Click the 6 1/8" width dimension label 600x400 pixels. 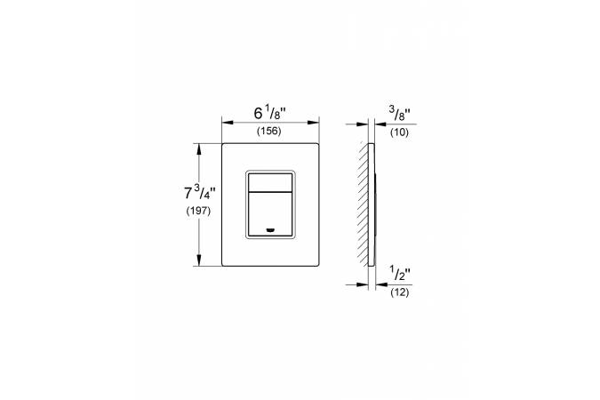point(270,113)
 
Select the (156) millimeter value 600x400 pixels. point(269,132)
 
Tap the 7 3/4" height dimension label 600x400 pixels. point(200,193)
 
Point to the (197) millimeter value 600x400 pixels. point(198,211)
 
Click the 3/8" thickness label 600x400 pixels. point(400,113)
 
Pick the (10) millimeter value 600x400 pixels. point(399,132)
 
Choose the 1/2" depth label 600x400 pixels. point(400,273)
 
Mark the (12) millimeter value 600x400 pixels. point(399,292)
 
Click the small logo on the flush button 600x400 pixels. point(270,230)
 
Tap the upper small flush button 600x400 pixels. point(270,182)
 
